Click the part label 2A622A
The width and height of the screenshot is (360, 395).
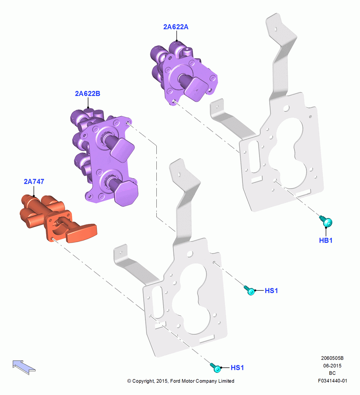pyautogui.click(x=176, y=27)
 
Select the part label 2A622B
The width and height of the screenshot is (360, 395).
pyautogui.click(x=88, y=94)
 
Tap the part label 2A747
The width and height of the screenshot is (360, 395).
pyautogui.click(x=34, y=181)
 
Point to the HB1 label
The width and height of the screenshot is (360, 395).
pyautogui.click(x=326, y=240)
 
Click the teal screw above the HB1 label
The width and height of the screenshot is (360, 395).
pyautogui.click(x=326, y=221)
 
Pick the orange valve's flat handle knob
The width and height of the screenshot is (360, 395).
pyautogui.click(x=81, y=233)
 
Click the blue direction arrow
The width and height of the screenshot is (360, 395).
pyautogui.click(x=24, y=367)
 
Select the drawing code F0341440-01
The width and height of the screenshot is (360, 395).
pyautogui.click(x=332, y=381)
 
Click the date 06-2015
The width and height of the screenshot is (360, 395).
pyautogui.click(x=332, y=365)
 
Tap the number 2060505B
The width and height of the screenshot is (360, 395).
pyautogui.click(x=332, y=358)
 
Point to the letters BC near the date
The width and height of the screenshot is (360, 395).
pyautogui.click(x=332, y=373)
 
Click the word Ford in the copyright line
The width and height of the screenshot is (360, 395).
pyautogui.click(x=176, y=381)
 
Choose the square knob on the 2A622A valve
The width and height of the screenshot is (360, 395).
pyautogui.click(x=196, y=89)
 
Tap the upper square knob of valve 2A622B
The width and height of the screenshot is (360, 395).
pyautogui.click(x=122, y=150)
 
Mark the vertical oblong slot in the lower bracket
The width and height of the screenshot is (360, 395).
pyautogui.click(x=158, y=302)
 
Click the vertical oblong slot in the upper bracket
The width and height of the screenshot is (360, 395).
pyautogui.click(x=254, y=157)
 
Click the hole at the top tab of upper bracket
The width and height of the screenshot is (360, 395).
pyautogui.click(x=276, y=29)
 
